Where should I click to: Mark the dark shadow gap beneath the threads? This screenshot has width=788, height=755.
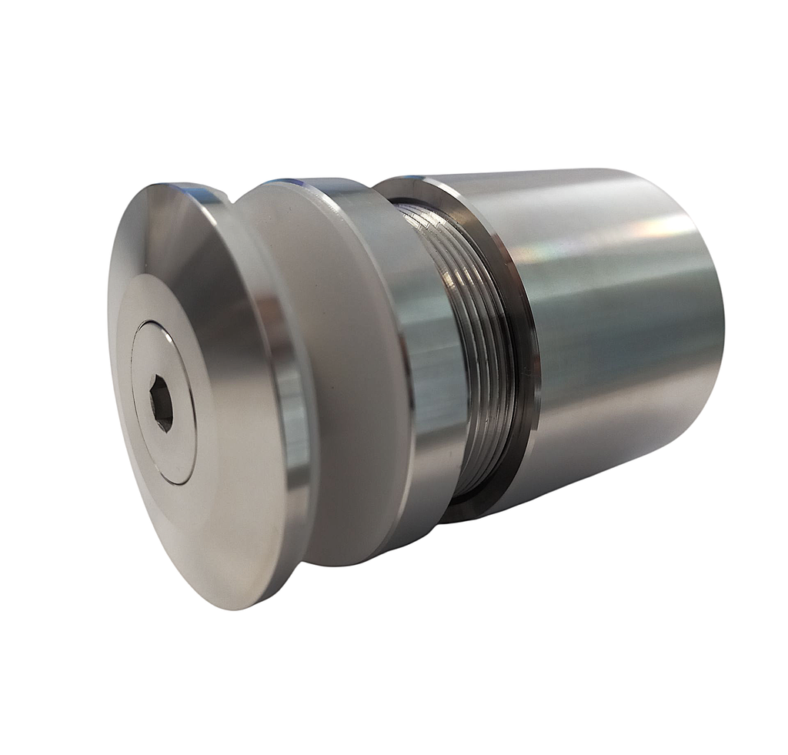pyautogui.click(x=469, y=504)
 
